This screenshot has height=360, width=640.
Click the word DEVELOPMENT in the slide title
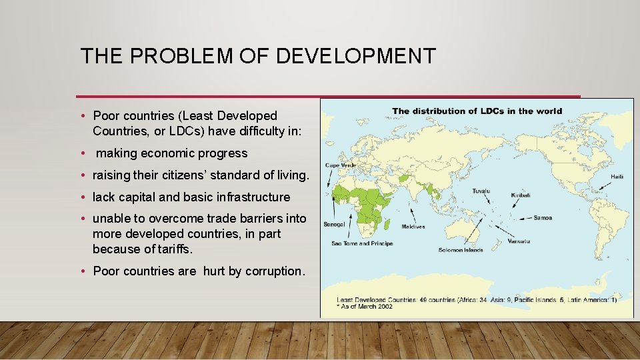click(x=355, y=56)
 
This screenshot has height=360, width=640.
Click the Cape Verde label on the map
click(x=339, y=165)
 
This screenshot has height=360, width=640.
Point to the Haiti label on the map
click(x=618, y=177)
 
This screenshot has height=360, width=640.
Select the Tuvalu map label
click(x=481, y=191)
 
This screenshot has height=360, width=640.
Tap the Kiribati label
click(x=520, y=195)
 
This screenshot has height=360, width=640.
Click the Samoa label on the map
click(x=543, y=217)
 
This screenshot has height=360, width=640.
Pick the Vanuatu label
click(x=520, y=241)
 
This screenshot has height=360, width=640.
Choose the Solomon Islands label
click(x=461, y=251)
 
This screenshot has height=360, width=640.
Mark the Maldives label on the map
click(x=413, y=227)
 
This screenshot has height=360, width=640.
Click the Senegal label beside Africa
click(x=333, y=224)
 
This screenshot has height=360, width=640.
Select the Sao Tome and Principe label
click(x=362, y=243)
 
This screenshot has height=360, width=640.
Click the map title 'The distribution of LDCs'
click(x=477, y=111)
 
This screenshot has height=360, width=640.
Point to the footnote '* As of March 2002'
click(x=365, y=307)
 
